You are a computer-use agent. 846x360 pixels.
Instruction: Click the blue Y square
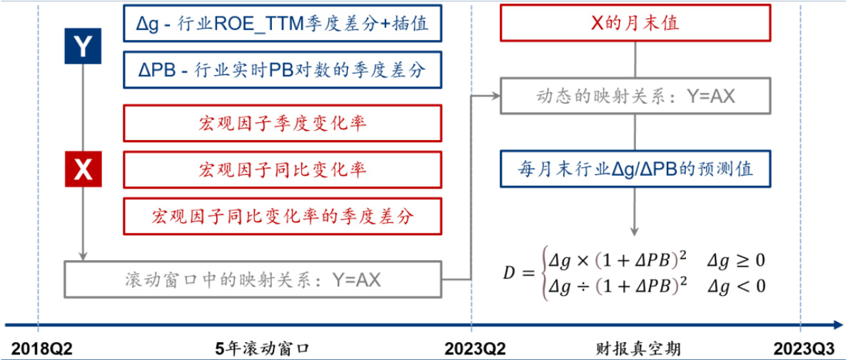[84, 46]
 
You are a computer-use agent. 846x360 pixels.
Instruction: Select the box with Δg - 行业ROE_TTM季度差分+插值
[282, 24]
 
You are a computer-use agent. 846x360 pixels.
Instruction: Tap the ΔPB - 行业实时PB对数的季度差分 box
[282, 70]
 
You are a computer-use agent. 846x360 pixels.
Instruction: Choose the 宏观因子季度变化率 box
[282, 123]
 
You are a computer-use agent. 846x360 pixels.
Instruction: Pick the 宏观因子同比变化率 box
[282, 169]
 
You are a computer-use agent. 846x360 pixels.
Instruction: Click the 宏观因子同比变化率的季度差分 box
[282, 216]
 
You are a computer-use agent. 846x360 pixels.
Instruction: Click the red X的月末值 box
[635, 23]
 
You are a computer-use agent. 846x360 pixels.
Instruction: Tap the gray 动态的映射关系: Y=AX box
[635, 96]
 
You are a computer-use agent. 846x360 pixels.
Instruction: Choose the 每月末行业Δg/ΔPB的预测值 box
[635, 169]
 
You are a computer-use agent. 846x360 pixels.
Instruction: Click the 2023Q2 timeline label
[475, 349]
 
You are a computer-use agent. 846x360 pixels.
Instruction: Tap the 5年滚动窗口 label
[262, 349]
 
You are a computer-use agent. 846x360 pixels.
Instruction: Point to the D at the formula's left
[508, 272]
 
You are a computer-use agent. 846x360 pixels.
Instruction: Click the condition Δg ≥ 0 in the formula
[736, 259]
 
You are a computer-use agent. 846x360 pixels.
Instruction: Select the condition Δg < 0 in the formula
[736, 286]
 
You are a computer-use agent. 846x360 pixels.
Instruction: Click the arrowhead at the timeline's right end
[837, 322]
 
